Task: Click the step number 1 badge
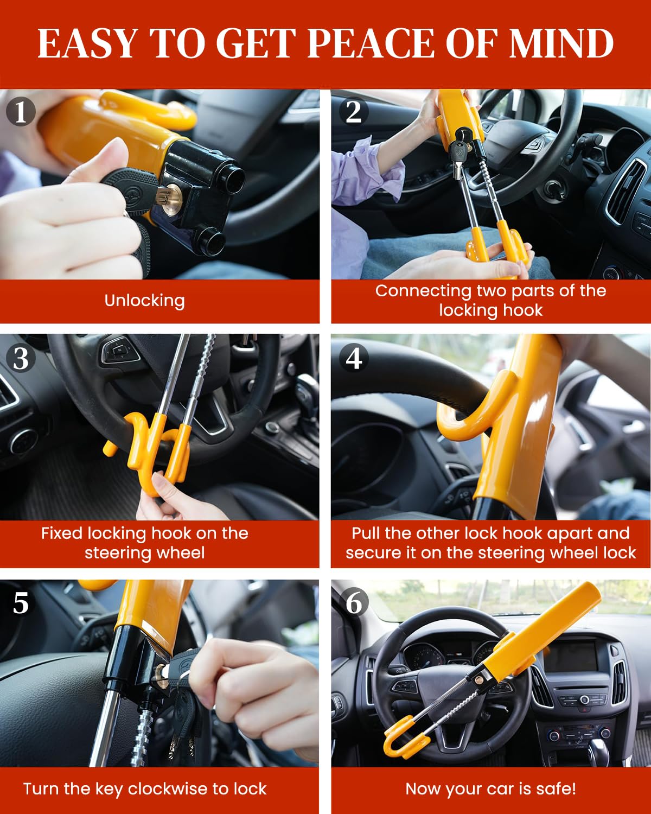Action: click(x=21, y=112)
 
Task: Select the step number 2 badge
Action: click(x=353, y=112)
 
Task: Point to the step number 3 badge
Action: click(x=21, y=358)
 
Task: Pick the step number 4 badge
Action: click(x=354, y=358)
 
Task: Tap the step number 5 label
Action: click(x=21, y=603)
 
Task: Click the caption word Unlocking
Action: click(x=144, y=301)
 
